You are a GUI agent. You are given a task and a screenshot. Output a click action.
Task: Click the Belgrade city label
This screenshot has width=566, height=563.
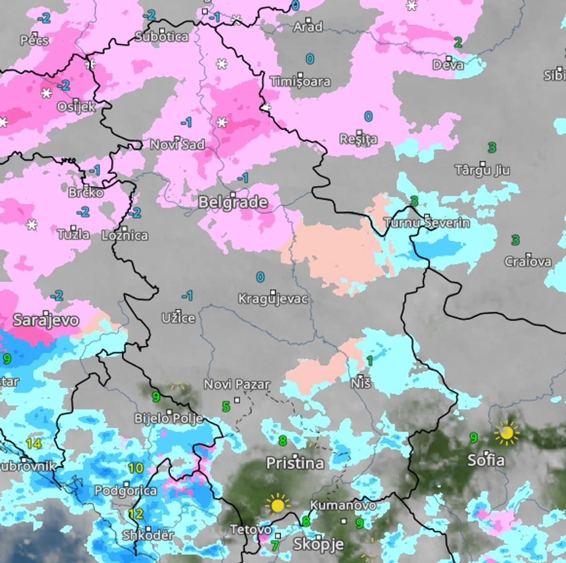pos(232,202)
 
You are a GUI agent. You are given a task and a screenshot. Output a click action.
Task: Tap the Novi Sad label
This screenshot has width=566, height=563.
pos(177,145)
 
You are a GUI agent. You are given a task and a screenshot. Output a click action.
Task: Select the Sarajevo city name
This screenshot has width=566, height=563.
pos(46,320)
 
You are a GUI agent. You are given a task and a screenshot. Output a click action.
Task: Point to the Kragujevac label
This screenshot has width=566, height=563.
pos(273,299)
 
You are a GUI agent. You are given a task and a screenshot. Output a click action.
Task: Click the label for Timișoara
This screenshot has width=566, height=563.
pos(300,81)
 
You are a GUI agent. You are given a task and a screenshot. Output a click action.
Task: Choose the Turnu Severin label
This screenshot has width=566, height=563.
pos(427,223)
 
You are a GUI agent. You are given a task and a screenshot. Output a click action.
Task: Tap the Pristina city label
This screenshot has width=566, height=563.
pos(295,463)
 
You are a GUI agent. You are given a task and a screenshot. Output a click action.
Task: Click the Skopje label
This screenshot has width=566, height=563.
pos(318,544)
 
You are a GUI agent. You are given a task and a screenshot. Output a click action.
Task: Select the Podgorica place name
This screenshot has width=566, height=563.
pos(125,491)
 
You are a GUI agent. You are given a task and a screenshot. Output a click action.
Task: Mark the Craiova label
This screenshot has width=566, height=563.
pos(527,261)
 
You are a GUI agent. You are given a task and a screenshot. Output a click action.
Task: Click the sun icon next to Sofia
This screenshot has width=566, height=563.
pos(506,432)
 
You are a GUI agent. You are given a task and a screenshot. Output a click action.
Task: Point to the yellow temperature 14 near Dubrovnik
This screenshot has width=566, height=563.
pos(34,444)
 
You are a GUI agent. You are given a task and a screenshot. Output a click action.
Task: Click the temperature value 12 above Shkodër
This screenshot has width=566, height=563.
pos(135,514)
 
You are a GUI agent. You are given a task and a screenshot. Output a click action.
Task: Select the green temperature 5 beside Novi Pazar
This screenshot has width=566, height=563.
pos(226,406)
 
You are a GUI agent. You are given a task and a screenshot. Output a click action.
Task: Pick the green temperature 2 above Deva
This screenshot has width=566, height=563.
pos(458,42)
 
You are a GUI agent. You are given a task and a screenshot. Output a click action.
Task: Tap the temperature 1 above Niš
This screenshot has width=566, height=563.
pos(369,361)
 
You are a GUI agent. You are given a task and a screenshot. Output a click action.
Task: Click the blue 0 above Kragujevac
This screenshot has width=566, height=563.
pos(260,277)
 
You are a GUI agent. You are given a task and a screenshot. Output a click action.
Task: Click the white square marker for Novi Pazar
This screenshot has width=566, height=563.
pos(237,399)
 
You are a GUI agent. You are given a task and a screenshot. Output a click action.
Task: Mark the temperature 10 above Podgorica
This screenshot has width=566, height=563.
pos(135,468)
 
